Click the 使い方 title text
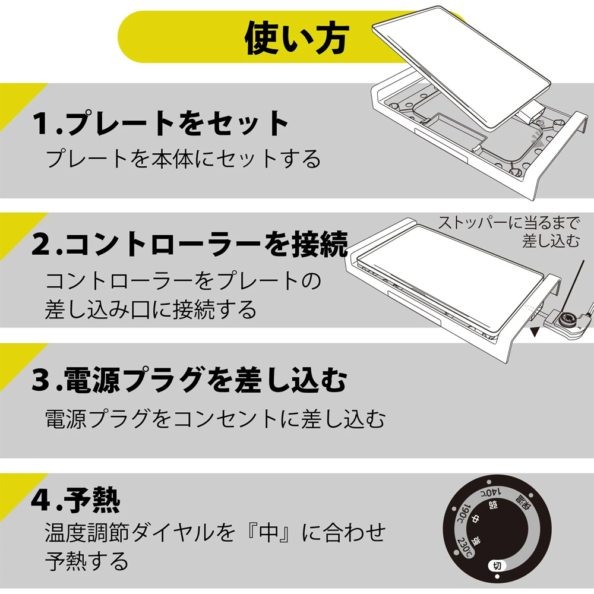pos(296,38)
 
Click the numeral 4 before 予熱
pos(42,500)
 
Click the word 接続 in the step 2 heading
pos(320,244)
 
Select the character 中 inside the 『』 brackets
pos(271,532)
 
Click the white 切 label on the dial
pos(497,566)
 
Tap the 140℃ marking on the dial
pos(491,493)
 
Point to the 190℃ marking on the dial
pos(463,514)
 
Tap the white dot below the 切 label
pos(497,577)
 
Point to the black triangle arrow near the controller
pos(535,332)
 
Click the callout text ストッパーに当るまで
pos(509,223)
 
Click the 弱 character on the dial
pos(493,505)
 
